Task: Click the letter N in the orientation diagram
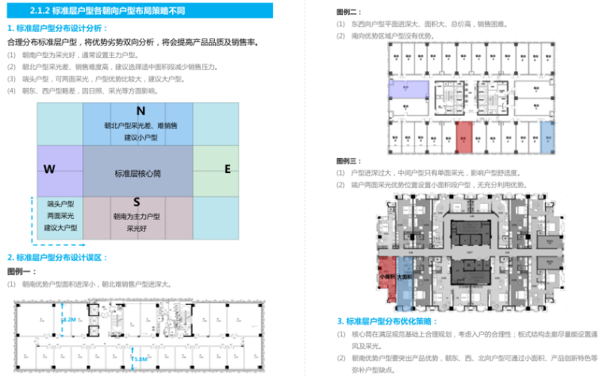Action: (x=140, y=110)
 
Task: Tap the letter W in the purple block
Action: (x=48, y=169)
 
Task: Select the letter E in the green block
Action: (x=227, y=168)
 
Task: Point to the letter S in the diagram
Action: (x=136, y=203)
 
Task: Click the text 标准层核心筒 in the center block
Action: (x=137, y=173)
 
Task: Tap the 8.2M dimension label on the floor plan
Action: (x=69, y=319)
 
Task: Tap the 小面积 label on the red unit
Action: (x=386, y=278)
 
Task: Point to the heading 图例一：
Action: (x=20, y=271)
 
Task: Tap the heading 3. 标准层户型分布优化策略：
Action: (x=386, y=321)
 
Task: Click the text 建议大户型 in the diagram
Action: (x=60, y=227)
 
